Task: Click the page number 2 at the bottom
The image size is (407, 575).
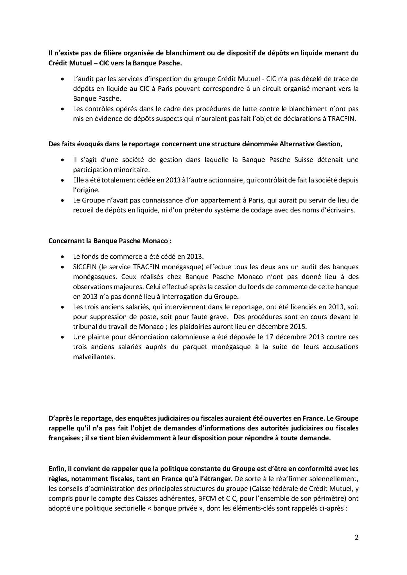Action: click(357, 538)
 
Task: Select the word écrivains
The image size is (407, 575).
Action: click(341, 210)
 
